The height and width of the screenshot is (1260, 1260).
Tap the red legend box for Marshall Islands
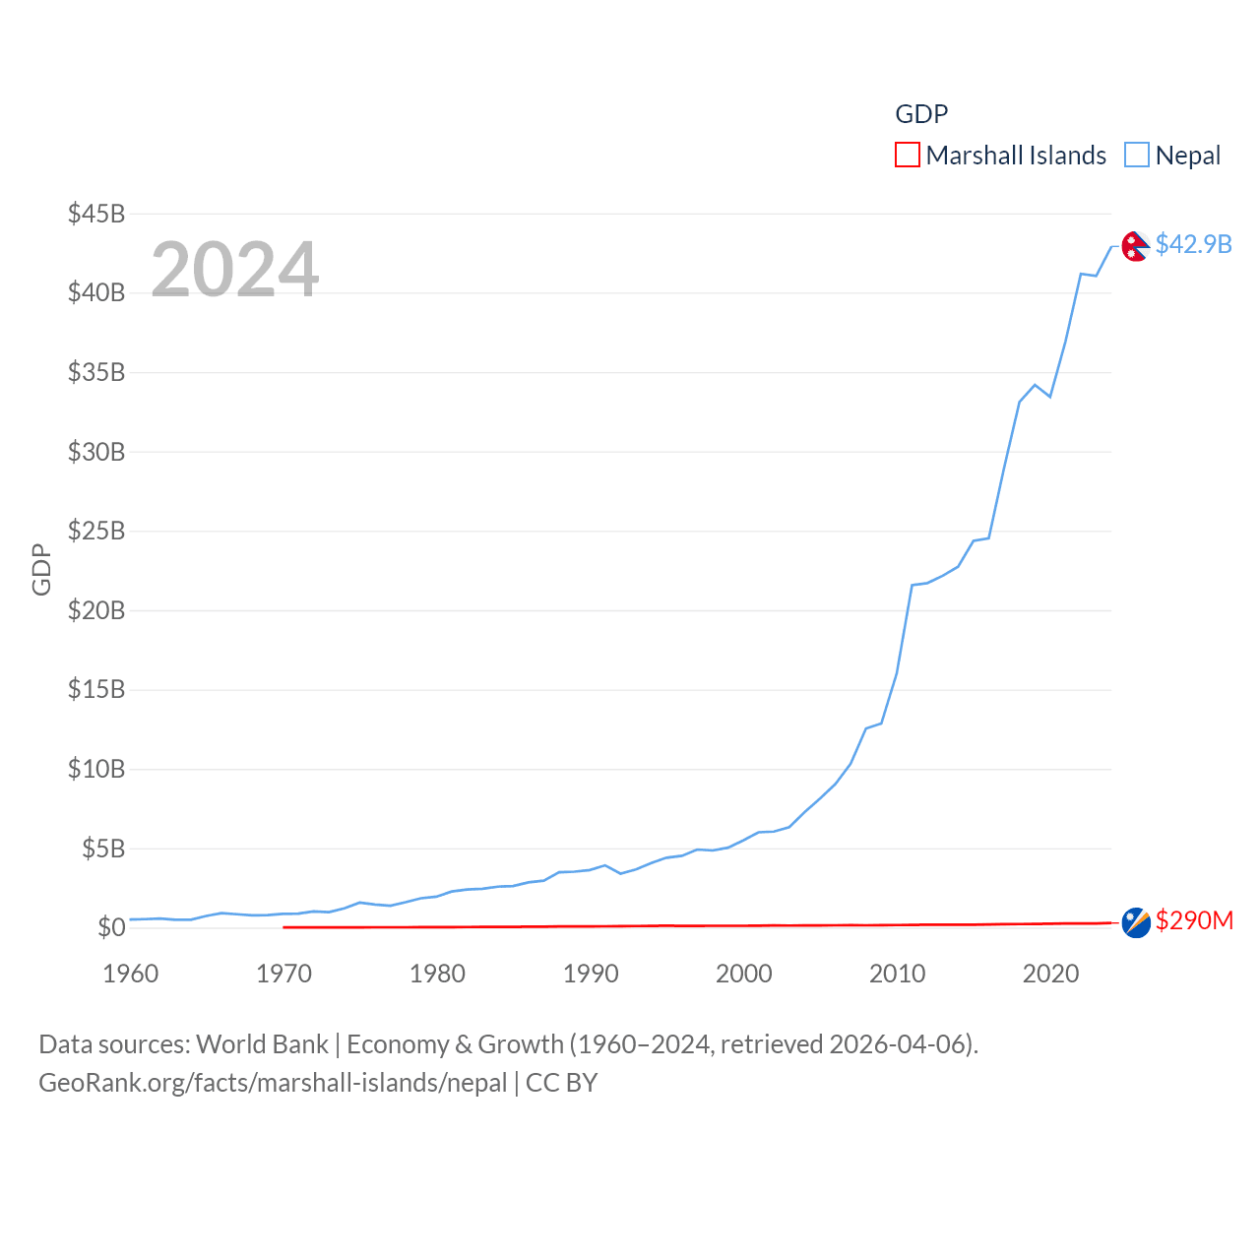pyautogui.click(x=907, y=156)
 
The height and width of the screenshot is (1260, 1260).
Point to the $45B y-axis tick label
pyautogui.click(x=96, y=214)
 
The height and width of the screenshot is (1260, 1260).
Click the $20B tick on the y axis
pyautogui.click(x=96, y=610)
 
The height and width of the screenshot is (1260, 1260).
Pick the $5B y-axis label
pyautogui.click(x=103, y=849)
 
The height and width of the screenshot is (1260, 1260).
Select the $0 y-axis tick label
pyautogui.click(x=111, y=927)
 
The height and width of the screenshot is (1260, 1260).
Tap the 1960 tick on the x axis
pyautogui.click(x=131, y=974)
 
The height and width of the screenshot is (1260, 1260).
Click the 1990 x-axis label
pyautogui.click(x=591, y=974)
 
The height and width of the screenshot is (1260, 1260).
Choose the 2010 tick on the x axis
pyautogui.click(x=897, y=974)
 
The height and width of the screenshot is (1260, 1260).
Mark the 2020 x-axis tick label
pyautogui.click(x=1050, y=974)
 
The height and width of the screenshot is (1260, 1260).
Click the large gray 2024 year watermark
pyautogui.click(x=235, y=270)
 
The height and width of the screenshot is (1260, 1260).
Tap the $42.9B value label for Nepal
pyautogui.click(x=1193, y=244)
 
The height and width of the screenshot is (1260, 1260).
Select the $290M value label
pyautogui.click(x=1194, y=920)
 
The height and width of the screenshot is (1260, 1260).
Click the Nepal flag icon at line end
pyautogui.click(x=1135, y=246)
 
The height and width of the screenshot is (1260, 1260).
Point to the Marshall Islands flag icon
pyautogui.click(x=1136, y=923)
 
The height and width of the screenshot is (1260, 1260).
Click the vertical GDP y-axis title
pyautogui.click(x=41, y=569)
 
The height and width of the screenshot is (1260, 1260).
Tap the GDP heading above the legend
pyautogui.click(x=921, y=114)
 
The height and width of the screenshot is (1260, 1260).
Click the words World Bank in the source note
pyautogui.click(x=263, y=1043)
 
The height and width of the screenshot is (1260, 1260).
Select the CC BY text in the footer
pyautogui.click(x=561, y=1083)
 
